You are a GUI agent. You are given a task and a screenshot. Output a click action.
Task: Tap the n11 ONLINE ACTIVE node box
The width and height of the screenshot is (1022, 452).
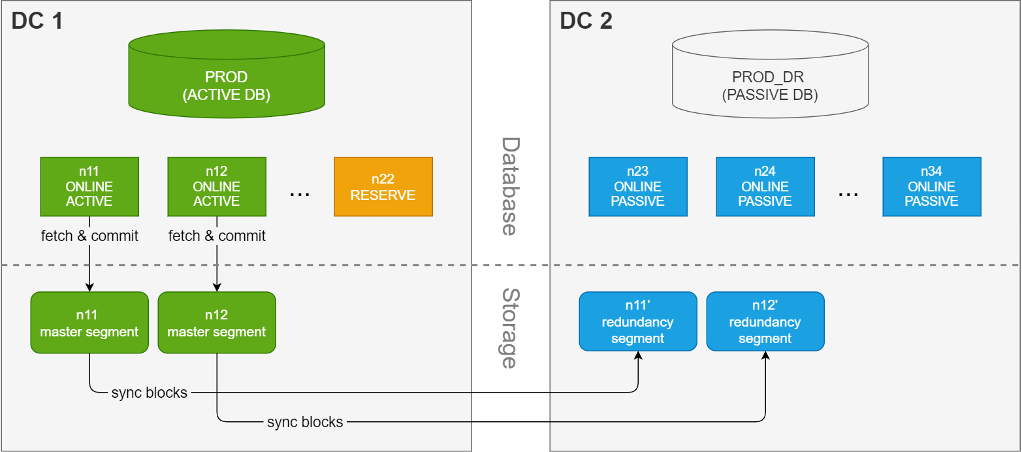[x=89, y=186]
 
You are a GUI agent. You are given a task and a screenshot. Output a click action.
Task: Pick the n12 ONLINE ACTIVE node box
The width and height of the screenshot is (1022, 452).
[x=217, y=186]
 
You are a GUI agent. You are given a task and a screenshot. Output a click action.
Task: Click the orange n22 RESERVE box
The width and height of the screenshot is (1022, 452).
[x=383, y=186]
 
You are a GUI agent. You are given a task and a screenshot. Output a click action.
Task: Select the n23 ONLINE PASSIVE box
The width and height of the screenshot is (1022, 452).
[x=638, y=186]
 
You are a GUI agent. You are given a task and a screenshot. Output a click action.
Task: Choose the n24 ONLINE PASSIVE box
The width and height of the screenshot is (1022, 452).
[x=765, y=186]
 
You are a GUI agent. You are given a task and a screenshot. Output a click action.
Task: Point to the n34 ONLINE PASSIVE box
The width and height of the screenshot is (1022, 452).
[x=932, y=186]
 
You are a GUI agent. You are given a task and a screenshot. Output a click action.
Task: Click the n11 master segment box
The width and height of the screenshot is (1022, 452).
[x=89, y=323]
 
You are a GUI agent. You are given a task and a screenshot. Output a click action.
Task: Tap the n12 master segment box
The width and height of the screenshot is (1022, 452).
[x=217, y=323]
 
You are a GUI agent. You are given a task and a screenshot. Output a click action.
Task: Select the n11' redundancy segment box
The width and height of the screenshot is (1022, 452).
[x=638, y=321]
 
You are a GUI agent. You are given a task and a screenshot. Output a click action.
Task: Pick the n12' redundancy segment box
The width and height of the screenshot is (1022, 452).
[x=765, y=321]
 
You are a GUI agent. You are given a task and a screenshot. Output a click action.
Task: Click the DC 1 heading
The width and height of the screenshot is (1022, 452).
[x=37, y=22]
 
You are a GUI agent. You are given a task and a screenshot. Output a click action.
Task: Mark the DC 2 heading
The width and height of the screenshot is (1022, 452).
[x=586, y=22]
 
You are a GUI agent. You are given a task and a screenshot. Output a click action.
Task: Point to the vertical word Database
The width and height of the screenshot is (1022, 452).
[x=510, y=186]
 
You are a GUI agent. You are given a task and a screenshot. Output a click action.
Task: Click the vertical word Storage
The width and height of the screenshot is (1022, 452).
[x=510, y=329]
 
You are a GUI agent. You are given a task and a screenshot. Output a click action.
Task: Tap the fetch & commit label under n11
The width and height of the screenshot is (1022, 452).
[x=89, y=236]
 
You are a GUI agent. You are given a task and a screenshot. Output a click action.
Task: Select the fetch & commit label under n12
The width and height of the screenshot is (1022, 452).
[x=217, y=236]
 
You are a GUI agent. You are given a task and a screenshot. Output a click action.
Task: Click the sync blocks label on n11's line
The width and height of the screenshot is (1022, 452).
[x=150, y=393]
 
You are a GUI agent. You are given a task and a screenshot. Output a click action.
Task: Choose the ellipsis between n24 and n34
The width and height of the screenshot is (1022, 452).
[x=848, y=194]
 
